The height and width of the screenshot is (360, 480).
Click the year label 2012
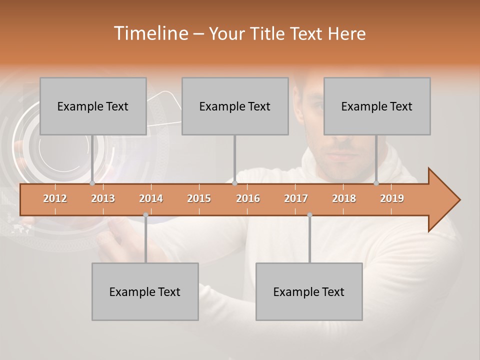coord(55,198)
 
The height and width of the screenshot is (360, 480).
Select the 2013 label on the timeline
coord(103,198)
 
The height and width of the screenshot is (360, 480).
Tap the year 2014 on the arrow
coord(151,198)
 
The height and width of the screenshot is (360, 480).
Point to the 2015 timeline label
coord(199,198)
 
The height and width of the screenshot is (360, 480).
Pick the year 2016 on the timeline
coord(248,198)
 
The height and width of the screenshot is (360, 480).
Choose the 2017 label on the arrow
coord(296,198)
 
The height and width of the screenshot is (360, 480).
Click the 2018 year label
coord(344,198)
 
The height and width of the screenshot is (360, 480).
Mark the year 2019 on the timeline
coord(392,198)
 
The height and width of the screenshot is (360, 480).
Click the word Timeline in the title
coord(150,33)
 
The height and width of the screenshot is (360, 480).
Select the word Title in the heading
coord(269,33)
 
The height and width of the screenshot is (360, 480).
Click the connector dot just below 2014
coord(145,214)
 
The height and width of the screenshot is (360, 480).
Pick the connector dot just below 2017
coord(309,214)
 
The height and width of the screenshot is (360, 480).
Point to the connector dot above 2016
coord(235,183)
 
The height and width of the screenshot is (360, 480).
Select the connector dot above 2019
coord(376,183)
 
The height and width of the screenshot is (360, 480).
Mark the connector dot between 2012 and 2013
coord(92,183)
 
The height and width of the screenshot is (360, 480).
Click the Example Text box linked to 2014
coord(145,291)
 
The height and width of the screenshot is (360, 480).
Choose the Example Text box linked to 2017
coord(309,291)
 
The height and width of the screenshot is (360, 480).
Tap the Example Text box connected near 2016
coord(235,106)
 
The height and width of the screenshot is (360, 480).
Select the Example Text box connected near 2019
coord(377,106)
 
